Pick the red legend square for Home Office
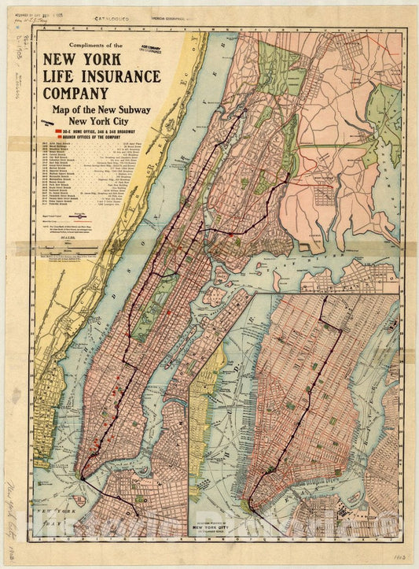pos(58,127)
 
